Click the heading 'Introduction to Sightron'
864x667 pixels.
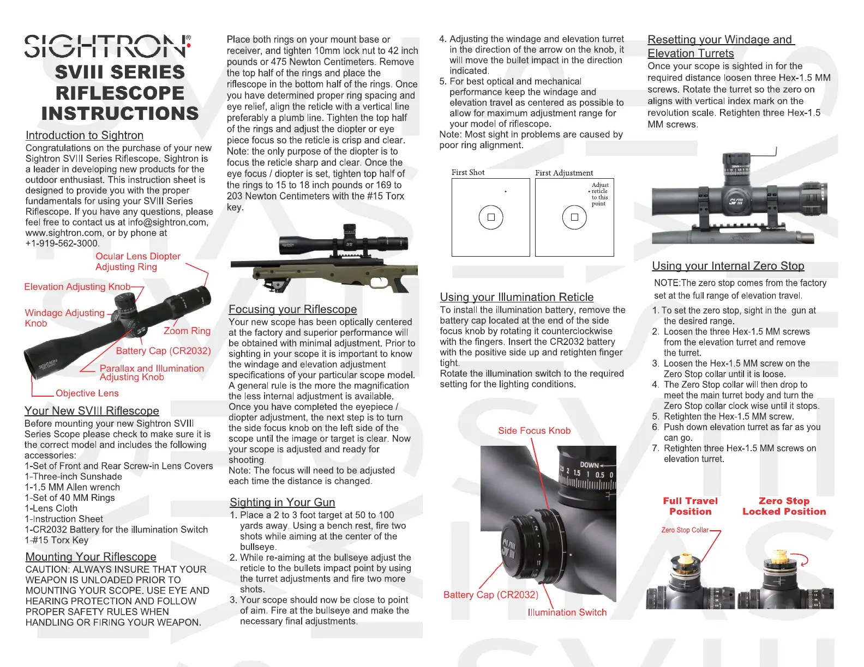(85, 135)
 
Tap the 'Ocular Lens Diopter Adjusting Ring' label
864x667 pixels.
(137, 262)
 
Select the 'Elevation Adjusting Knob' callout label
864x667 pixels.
(77, 287)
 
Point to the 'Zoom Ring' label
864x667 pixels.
(187, 331)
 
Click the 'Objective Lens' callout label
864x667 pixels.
(87, 393)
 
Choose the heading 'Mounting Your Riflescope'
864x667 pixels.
(91, 556)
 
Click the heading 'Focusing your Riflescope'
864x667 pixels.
(292, 309)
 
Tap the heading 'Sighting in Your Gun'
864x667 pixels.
(282, 502)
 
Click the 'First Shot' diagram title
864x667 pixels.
(467, 172)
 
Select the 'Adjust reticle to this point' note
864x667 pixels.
(599, 195)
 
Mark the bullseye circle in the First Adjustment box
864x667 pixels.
(574, 217)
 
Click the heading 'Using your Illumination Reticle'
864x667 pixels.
(517, 297)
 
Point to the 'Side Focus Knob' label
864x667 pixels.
(534, 430)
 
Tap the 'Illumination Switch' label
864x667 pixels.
(567, 612)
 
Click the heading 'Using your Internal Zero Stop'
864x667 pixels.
(728, 265)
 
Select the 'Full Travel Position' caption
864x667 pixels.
(690, 506)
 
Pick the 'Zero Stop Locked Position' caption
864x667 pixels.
(784, 506)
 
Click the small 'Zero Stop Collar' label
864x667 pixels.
(685, 530)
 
